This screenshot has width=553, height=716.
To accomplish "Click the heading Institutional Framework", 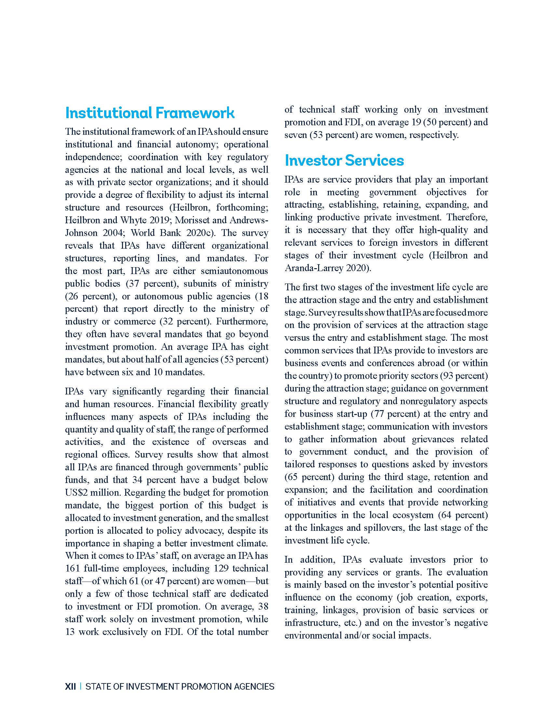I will coord(150,113).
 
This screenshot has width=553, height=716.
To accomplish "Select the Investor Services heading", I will coord(344,161).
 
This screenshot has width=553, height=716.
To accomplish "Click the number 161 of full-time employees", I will coord(72,569).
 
